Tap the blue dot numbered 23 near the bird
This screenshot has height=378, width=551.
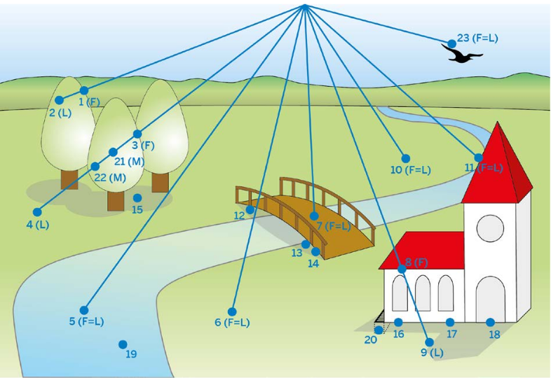tap(452, 43)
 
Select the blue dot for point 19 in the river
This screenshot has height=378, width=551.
tap(123, 344)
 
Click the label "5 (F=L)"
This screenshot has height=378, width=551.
tap(86, 322)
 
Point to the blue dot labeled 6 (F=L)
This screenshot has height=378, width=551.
tap(232, 311)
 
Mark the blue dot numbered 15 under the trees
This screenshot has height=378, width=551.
tap(137, 198)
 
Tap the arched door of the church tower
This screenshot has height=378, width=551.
tap(490, 297)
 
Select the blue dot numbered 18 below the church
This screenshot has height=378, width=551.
tap(491, 322)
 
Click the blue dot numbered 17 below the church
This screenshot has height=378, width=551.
tap(450, 322)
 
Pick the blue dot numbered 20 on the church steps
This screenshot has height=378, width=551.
tap(379, 330)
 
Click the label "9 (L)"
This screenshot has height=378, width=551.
tap(432, 353)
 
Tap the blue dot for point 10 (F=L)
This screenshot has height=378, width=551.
tap(405, 158)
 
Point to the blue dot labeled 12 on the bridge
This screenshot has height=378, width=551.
tap(250, 209)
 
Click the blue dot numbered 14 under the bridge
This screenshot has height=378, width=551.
tap(315, 251)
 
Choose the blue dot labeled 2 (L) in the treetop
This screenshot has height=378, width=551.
tap(60, 101)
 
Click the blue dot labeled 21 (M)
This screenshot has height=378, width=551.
tap(113, 152)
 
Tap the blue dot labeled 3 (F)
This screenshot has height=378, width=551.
tap(137, 134)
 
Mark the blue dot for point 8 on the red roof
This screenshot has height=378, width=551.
tap(402, 269)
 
